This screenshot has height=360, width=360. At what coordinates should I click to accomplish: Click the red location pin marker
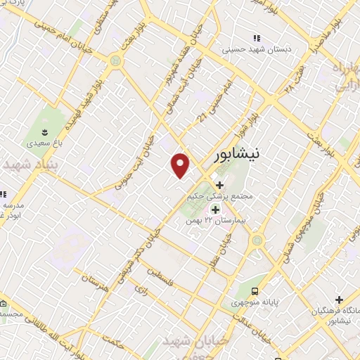tap(181, 165)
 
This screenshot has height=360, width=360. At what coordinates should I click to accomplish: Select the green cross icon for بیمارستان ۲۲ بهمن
tap(215, 209)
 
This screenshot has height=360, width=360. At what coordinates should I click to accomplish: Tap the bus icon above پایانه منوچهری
tap(256, 291)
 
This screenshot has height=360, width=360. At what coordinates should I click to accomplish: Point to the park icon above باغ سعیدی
tap(44, 131)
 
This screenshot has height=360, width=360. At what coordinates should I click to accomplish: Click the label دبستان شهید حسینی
tap(256, 50)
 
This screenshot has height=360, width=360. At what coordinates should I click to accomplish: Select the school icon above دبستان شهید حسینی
tap(257, 37)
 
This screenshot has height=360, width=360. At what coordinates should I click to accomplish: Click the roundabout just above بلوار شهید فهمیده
tap(115, 62)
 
